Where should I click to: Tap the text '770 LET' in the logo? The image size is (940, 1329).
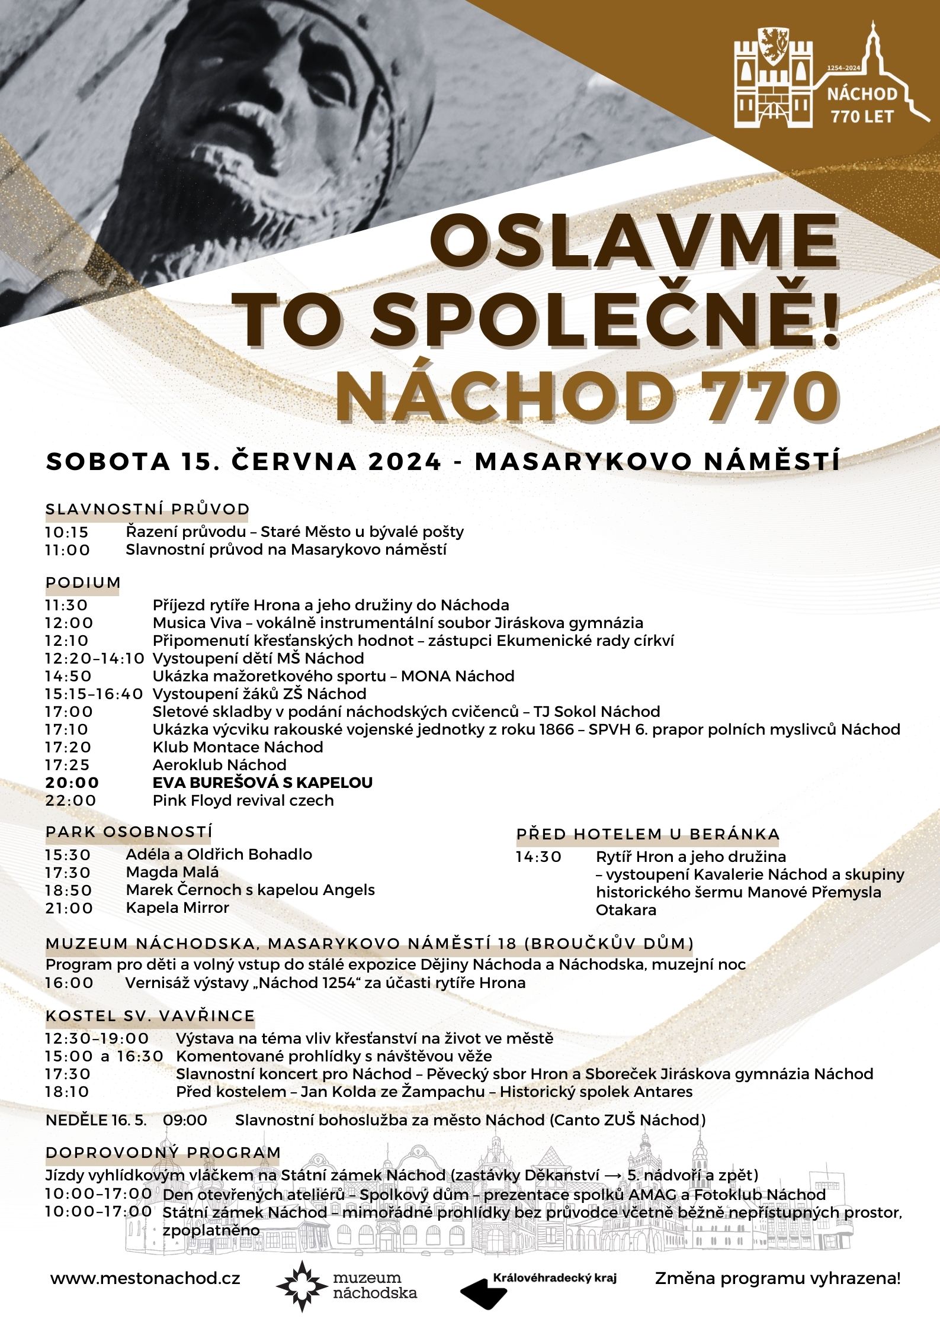[x=862, y=116]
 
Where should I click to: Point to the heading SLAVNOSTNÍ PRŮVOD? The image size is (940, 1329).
[x=147, y=509]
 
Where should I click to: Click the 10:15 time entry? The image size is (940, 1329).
[x=66, y=532]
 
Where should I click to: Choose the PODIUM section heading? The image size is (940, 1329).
[x=83, y=582]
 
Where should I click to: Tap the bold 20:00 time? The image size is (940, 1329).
[x=72, y=783]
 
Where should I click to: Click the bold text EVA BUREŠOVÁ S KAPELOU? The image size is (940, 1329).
[x=262, y=783]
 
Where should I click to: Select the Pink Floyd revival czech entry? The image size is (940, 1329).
[x=243, y=800]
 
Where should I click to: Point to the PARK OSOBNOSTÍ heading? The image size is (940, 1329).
[x=129, y=832]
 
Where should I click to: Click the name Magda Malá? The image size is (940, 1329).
[x=172, y=872]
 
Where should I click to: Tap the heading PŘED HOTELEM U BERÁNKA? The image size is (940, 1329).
[x=647, y=834]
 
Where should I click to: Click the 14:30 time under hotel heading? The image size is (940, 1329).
[x=538, y=857]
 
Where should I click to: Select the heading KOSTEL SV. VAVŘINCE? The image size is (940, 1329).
[x=150, y=1016]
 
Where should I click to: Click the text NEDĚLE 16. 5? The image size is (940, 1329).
[x=96, y=1120]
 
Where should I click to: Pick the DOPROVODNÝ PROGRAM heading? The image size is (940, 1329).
[x=163, y=1153]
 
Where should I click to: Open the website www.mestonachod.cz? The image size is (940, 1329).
[x=145, y=1279]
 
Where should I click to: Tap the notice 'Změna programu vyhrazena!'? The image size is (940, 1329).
[x=777, y=1278]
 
